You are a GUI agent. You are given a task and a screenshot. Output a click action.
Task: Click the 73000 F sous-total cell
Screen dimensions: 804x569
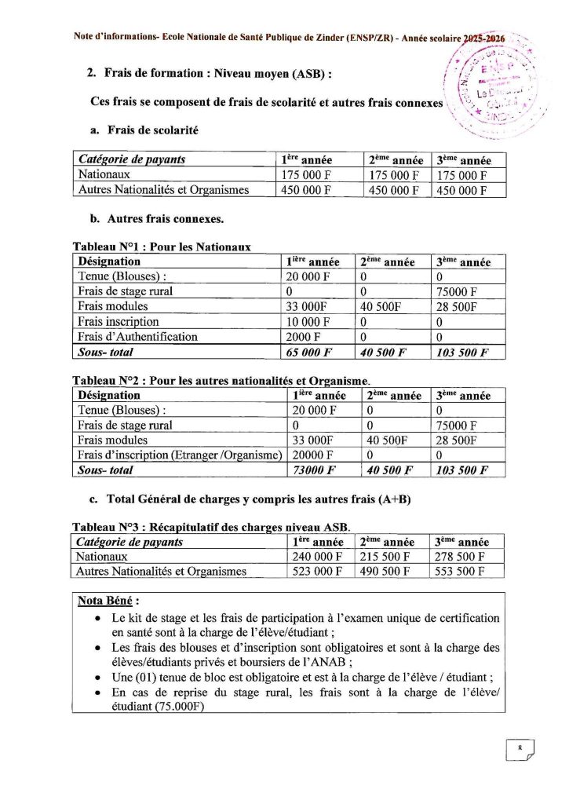314,470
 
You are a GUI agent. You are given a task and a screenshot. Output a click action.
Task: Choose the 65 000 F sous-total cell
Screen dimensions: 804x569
314,353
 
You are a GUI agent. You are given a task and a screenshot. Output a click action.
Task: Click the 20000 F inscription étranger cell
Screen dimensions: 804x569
313,455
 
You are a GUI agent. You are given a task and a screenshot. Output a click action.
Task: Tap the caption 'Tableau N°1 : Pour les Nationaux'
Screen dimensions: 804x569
162,247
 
